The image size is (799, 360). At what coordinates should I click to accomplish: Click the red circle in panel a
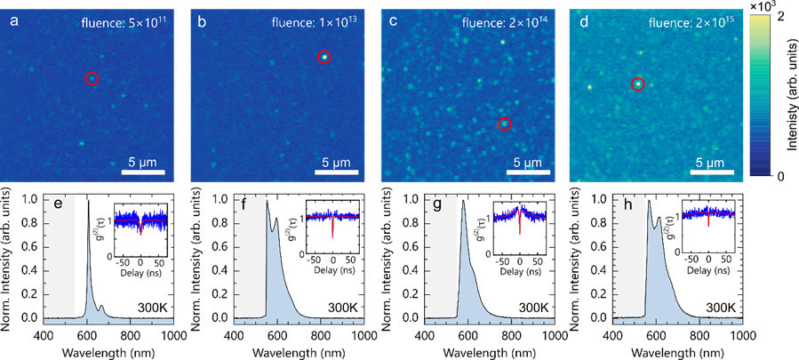[92, 79]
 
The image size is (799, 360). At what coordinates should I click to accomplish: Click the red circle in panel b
[324, 58]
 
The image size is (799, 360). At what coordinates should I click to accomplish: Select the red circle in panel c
[504, 124]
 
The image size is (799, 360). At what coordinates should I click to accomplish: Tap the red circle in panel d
[637, 84]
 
